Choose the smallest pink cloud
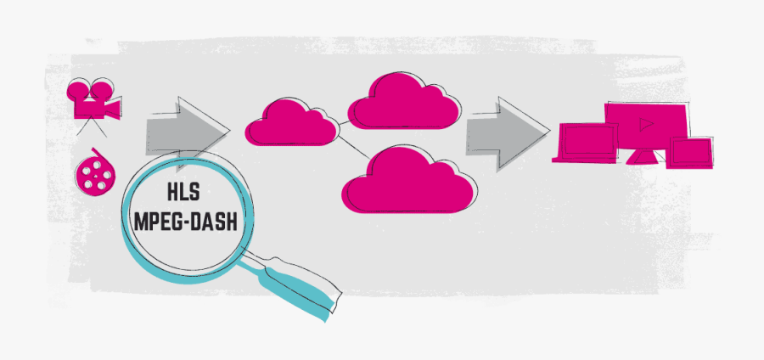289,123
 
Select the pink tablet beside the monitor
690,152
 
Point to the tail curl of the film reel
99,152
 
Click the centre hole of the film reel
94,175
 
